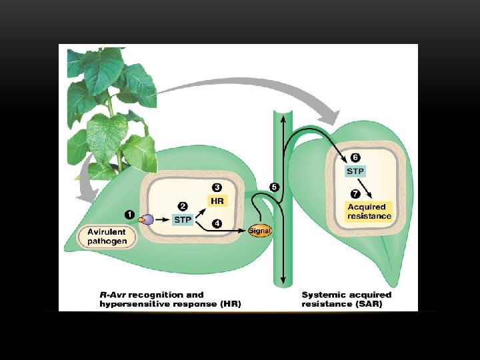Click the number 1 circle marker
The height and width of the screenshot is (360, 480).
[129, 215]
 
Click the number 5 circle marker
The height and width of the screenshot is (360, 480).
[274, 187]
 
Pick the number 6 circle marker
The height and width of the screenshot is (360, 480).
[355, 158]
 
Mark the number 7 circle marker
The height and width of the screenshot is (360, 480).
[355, 194]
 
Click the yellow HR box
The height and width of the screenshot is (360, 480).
[217, 201]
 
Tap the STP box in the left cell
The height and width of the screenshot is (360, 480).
[183, 219]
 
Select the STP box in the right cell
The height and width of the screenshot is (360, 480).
[355, 171]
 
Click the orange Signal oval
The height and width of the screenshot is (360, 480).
[260, 231]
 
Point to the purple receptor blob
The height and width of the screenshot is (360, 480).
[148, 219]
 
